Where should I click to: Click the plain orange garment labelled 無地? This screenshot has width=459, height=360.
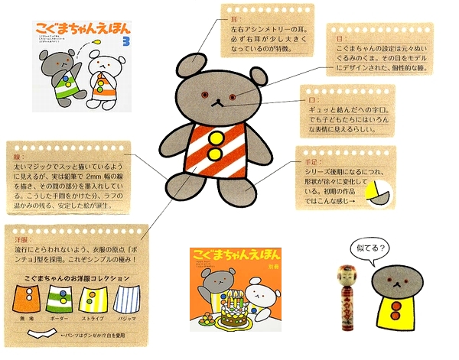point(24,299)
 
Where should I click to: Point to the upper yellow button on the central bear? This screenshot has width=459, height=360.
point(213,139)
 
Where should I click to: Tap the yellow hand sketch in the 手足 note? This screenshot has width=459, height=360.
point(375,192)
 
